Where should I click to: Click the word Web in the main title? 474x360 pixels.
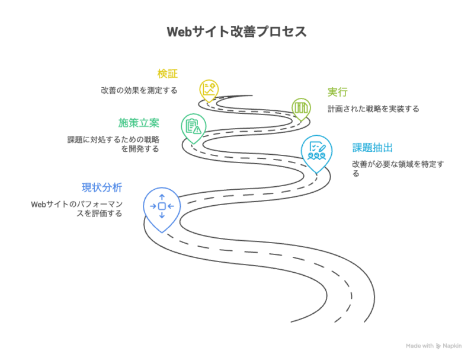tap(178, 32)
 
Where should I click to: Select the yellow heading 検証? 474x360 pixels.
tap(167, 74)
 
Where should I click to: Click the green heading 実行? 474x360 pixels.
tap(337, 92)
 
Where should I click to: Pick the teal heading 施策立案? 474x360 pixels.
tap(139, 123)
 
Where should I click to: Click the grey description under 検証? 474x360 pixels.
tap(139, 91)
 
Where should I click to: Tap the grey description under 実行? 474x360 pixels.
tap(373, 109)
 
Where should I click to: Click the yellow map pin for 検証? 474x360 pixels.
tap(209, 90)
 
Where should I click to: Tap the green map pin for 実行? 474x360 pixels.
tap(301, 108)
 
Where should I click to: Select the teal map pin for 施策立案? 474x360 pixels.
tap(193, 126)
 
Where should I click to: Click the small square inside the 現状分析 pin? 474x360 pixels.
tap(162, 206)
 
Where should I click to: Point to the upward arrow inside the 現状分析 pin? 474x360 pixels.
tap(162, 196)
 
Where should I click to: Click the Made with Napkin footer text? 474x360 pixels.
tap(434, 345)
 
